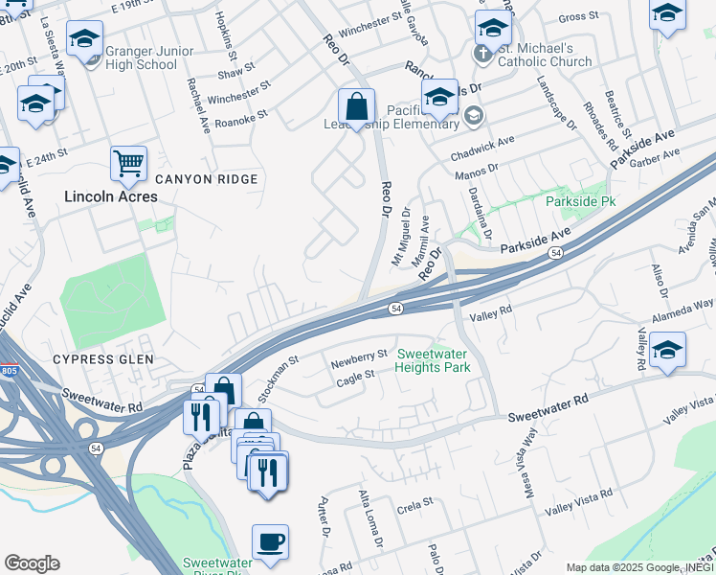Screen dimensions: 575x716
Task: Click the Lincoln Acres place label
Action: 110,196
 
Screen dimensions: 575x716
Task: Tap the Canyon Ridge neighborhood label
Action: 206,179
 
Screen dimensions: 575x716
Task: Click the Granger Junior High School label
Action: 142,57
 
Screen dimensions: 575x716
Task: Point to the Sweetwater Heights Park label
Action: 433,360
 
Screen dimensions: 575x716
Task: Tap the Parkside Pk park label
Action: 580,202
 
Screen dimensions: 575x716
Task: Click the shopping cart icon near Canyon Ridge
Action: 128,163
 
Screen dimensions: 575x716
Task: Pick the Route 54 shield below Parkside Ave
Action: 555,251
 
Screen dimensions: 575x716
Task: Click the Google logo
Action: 32,563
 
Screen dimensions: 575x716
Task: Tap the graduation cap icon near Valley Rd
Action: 666,350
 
